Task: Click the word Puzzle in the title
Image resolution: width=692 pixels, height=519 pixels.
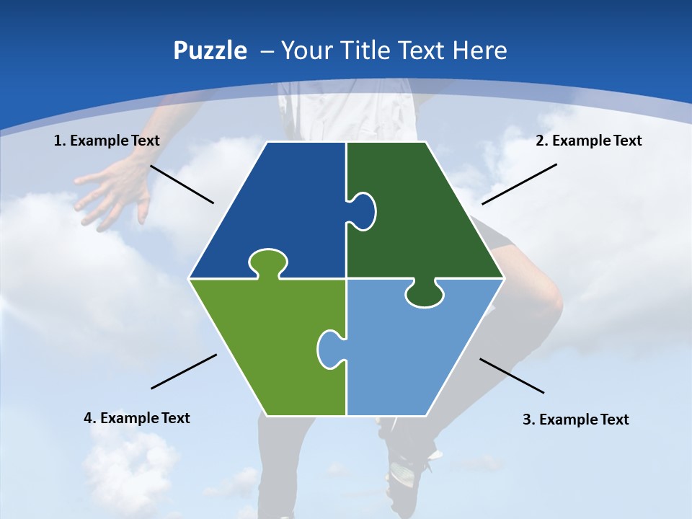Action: click(x=210, y=50)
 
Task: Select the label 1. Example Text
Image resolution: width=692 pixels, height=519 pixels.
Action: click(x=107, y=141)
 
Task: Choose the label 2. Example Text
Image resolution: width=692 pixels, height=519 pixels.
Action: click(x=588, y=141)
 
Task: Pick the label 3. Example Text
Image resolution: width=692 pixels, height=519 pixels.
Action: click(x=575, y=420)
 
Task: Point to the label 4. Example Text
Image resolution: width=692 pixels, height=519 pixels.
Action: click(x=136, y=418)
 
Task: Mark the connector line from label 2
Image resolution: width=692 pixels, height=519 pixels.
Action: click(x=519, y=184)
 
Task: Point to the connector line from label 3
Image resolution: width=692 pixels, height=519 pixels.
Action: click(x=512, y=376)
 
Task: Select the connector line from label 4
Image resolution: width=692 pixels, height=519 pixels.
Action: click(x=184, y=371)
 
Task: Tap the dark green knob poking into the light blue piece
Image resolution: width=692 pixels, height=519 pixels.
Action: click(x=425, y=293)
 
